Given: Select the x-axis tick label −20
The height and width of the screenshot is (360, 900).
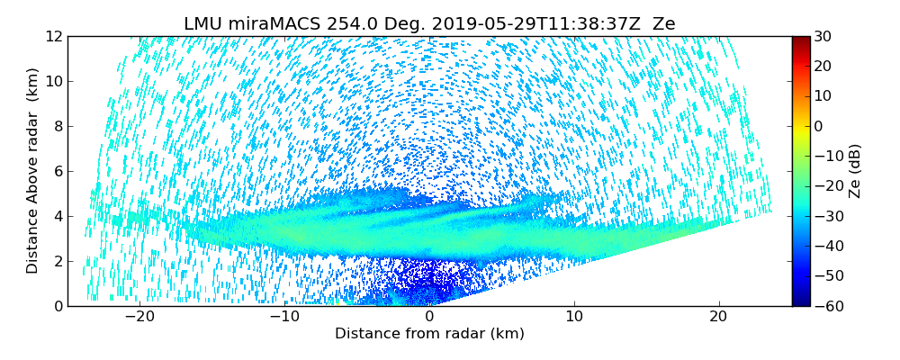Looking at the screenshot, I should click(139, 317).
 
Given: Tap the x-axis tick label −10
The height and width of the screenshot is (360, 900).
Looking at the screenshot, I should click(284, 317).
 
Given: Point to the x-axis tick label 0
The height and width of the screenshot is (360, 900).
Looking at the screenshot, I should click(429, 317).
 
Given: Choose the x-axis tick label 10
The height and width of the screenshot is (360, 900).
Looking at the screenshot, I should click(574, 317).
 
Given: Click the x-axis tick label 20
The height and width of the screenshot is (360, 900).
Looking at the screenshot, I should click(718, 317).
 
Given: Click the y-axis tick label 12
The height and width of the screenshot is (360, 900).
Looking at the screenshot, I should click(54, 36).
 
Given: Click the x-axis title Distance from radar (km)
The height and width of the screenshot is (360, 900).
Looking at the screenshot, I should click(429, 334).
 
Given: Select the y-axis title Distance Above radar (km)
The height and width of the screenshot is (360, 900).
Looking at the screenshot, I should click(33, 170).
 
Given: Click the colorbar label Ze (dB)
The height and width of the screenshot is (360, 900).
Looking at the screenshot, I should click(855, 170).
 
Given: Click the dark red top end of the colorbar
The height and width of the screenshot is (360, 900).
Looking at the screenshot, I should click(801, 40).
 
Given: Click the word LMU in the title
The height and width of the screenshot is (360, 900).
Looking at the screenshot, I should click(204, 24).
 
